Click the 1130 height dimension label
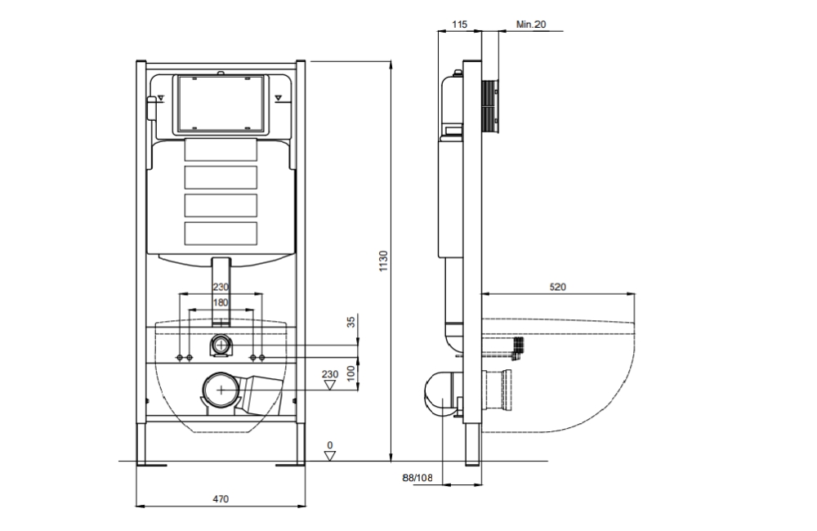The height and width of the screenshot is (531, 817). click(383, 261)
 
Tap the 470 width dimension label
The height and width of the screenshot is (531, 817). click(221, 498)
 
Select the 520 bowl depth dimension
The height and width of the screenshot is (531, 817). click(557, 287)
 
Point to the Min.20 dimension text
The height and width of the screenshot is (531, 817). click(531, 24)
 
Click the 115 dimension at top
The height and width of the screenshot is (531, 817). click(459, 24)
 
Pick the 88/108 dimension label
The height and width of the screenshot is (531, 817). click(417, 477)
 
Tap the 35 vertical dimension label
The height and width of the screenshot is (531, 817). click(351, 322)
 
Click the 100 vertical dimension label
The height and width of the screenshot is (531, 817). click(351, 373)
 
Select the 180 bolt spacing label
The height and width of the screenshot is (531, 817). click(221, 302)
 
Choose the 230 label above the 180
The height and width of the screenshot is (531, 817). click(221, 287)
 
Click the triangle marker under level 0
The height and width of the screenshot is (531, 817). click(330, 456)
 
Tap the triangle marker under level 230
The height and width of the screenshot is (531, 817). click(330, 385)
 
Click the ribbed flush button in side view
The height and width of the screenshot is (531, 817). click(490, 106)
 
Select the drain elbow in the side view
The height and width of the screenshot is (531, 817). click(442, 395)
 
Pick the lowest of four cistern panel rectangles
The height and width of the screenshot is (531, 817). click(221, 233)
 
